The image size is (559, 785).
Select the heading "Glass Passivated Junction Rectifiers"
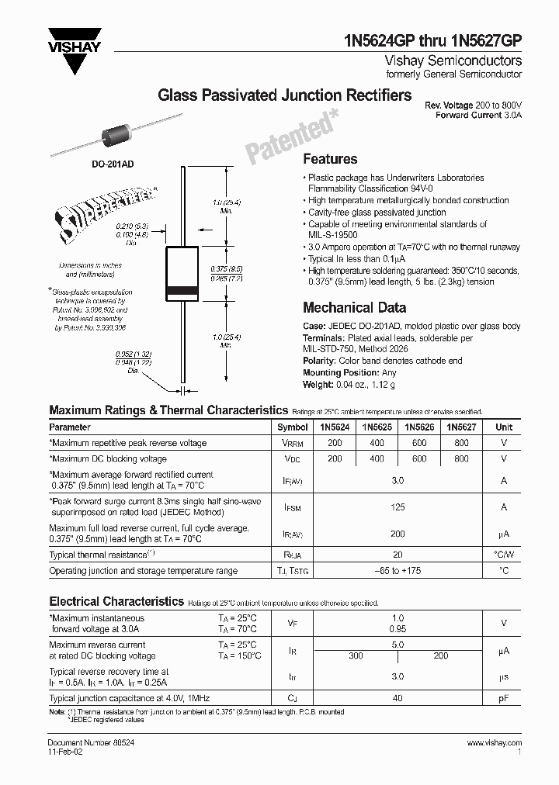(284, 96)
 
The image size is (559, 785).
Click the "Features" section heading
(330, 159)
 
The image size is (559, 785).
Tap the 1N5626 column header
(419, 427)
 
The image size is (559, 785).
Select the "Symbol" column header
(293, 427)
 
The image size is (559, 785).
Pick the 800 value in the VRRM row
(461, 443)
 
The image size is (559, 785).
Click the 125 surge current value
(398, 507)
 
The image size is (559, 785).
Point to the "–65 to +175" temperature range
(398, 571)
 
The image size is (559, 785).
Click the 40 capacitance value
(398, 697)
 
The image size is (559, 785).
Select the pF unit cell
(505, 697)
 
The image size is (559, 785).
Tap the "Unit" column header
(505, 427)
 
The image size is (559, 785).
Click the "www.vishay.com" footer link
(495, 743)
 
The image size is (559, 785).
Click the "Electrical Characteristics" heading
(116, 601)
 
